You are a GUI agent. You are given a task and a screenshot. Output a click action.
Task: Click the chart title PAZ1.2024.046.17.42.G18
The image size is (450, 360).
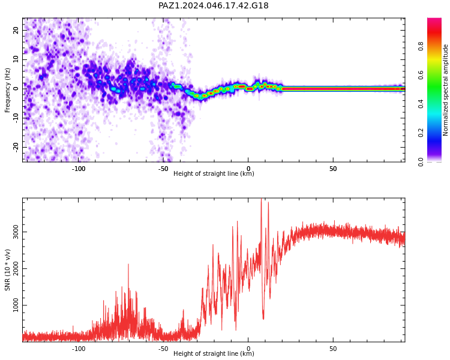pos(214,5)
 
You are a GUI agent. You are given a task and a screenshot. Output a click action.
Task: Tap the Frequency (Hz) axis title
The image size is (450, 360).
pos(7,90)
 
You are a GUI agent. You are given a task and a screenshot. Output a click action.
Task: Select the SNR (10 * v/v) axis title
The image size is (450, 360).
pos(7,269)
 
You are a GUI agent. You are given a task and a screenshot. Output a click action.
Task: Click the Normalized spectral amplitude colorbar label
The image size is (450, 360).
pos(445,90)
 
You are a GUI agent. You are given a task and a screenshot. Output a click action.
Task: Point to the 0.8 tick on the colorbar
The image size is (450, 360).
pos(421,46)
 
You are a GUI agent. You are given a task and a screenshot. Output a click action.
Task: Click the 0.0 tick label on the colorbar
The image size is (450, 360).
pos(421,162)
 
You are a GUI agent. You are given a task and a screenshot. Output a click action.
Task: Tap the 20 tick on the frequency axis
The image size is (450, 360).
pos(16,30)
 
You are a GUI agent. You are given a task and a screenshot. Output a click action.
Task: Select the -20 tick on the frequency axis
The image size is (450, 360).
pos(16,147)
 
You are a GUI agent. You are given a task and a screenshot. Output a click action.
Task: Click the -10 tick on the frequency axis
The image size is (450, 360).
pos(16,118)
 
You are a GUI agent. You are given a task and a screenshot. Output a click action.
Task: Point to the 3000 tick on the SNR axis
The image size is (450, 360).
pos(16,232)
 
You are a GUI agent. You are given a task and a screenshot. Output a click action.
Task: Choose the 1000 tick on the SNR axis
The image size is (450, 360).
pos(16,305)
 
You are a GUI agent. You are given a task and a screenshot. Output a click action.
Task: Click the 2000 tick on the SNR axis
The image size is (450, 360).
pos(16,268)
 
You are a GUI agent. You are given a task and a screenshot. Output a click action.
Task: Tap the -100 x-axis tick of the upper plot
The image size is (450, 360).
pos(79,169)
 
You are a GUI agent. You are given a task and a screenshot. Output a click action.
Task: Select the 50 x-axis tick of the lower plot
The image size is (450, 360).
pos(333,349)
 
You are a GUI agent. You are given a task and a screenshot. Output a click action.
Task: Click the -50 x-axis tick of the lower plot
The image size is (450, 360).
pos(163,349)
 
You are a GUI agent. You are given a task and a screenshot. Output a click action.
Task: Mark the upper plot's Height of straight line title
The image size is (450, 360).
pos(214,173)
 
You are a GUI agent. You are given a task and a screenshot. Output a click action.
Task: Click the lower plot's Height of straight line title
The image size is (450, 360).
pos(214,353)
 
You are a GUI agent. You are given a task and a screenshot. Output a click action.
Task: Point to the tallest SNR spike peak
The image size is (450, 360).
pos(261,199)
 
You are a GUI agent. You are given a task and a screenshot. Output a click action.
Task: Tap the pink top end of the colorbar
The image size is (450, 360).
pos(434,19)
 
